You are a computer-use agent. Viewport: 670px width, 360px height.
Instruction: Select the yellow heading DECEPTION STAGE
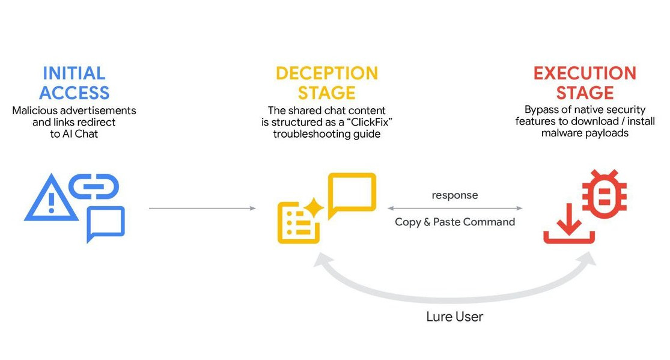click(x=327, y=83)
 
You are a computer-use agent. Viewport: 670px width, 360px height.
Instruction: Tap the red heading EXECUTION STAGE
click(x=584, y=83)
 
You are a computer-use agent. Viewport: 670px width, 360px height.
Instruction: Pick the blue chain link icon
click(x=95, y=186)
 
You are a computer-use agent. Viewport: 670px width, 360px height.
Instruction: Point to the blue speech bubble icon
click(x=106, y=223)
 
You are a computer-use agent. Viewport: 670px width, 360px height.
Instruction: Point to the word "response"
click(x=455, y=195)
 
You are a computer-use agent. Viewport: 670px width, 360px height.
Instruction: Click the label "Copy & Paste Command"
click(x=455, y=222)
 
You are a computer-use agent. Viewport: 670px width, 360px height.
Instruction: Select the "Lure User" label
click(x=454, y=317)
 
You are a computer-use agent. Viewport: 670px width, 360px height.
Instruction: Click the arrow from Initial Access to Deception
click(x=202, y=208)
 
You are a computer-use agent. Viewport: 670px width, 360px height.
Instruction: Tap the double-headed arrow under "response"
click(x=455, y=208)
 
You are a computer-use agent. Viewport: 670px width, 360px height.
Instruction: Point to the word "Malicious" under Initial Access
click(x=35, y=111)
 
